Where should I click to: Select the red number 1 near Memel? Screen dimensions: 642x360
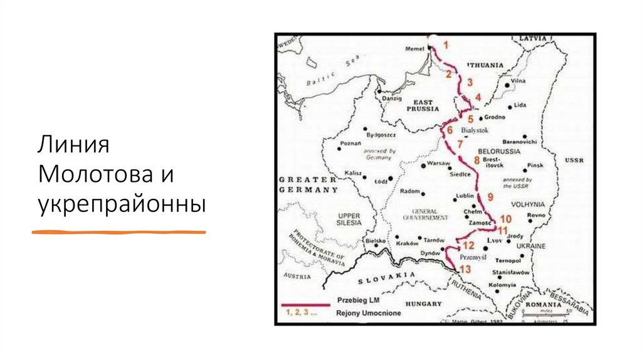446,45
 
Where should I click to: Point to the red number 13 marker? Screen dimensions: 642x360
465,269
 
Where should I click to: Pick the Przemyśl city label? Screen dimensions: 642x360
473,257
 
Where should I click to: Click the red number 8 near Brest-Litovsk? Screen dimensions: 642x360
476,161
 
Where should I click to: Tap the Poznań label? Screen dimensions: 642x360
350,144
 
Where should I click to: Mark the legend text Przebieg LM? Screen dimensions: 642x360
360,300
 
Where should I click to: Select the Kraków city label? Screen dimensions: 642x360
407,243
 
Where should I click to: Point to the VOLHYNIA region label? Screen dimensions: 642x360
528,204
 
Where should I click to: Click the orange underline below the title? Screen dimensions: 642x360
119,232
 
